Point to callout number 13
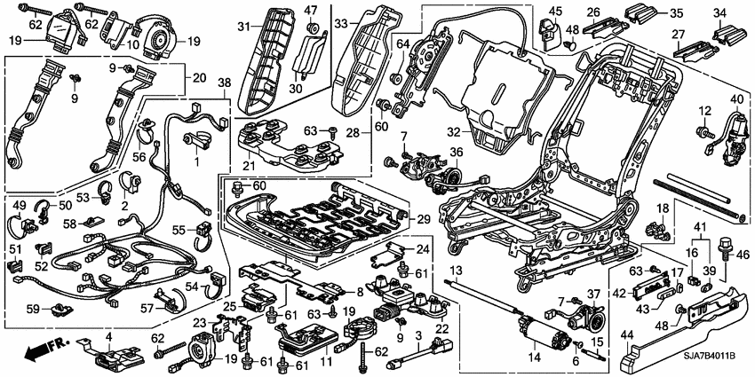456,271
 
